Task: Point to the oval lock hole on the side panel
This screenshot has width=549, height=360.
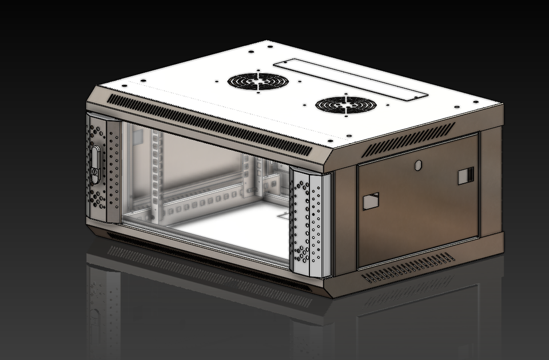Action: (417, 165)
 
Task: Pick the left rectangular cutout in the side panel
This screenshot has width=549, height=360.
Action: (371, 201)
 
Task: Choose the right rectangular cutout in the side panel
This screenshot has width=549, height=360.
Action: (466, 176)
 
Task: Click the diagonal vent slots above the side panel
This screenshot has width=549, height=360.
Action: (409, 139)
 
